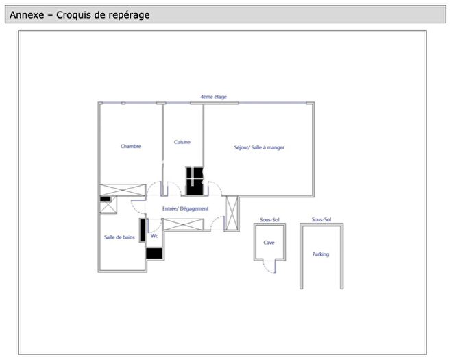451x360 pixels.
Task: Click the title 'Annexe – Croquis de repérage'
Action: point(80,14)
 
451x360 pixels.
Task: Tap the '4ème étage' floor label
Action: point(213,97)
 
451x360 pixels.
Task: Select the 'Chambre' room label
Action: point(131,146)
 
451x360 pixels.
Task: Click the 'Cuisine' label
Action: point(182,142)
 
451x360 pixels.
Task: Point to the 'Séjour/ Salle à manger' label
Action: point(259,147)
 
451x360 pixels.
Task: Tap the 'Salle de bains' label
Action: point(119,237)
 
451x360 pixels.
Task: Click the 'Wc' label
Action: point(154,236)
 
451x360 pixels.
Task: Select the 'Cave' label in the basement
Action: point(269,243)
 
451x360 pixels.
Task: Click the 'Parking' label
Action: point(320,254)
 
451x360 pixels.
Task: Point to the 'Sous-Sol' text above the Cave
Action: point(269,220)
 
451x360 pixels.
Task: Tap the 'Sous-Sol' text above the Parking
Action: point(321,220)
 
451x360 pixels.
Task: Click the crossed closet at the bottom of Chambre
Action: point(123,190)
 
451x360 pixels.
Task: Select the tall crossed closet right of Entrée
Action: point(231,213)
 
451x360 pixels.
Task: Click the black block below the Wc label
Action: point(154,253)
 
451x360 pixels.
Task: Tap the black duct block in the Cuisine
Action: point(195,180)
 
